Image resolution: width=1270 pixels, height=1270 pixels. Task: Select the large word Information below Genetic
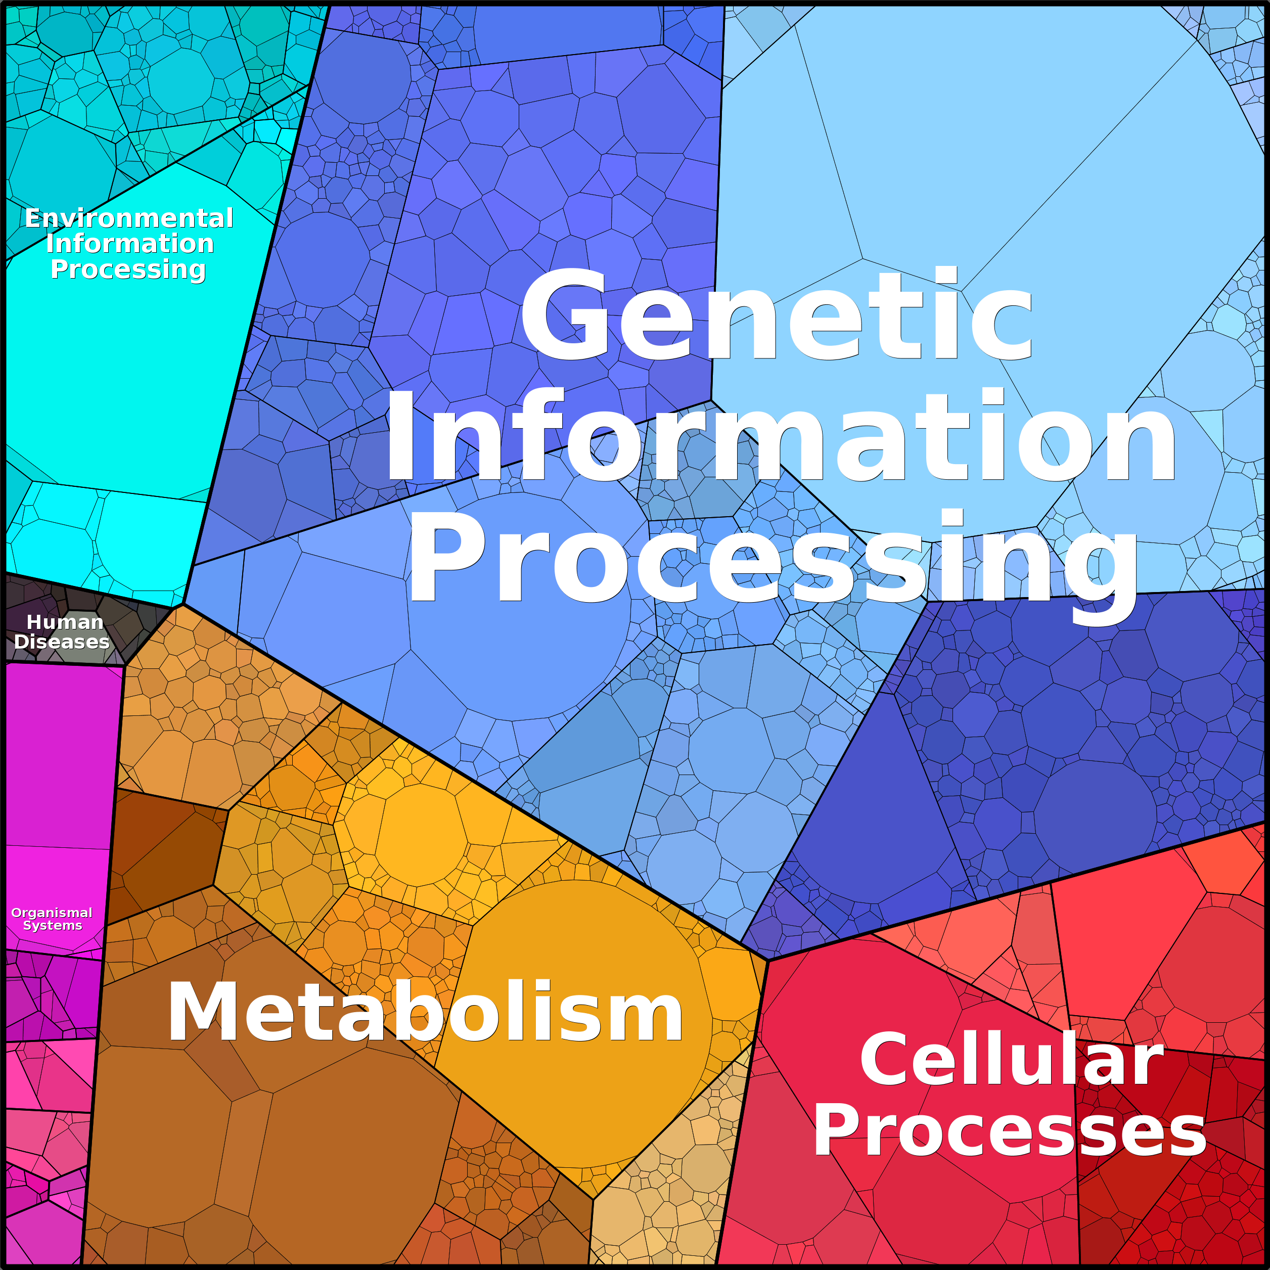[780, 436]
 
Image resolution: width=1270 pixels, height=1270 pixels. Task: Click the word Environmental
[129, 218]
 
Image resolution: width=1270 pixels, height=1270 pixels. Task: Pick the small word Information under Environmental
[130, 244]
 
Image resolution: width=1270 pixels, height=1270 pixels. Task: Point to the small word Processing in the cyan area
[128, 269]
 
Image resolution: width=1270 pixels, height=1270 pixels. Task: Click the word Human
[64, 622]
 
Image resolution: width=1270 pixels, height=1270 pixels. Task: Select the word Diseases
[62, 642]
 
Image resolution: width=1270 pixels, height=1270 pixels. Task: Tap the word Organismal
[52, 913]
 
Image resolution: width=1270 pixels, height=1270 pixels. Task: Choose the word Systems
[53, 926]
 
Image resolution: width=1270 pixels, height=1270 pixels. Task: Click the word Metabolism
[425, 1012]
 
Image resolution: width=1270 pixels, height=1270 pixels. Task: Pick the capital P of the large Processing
[447, 558]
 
